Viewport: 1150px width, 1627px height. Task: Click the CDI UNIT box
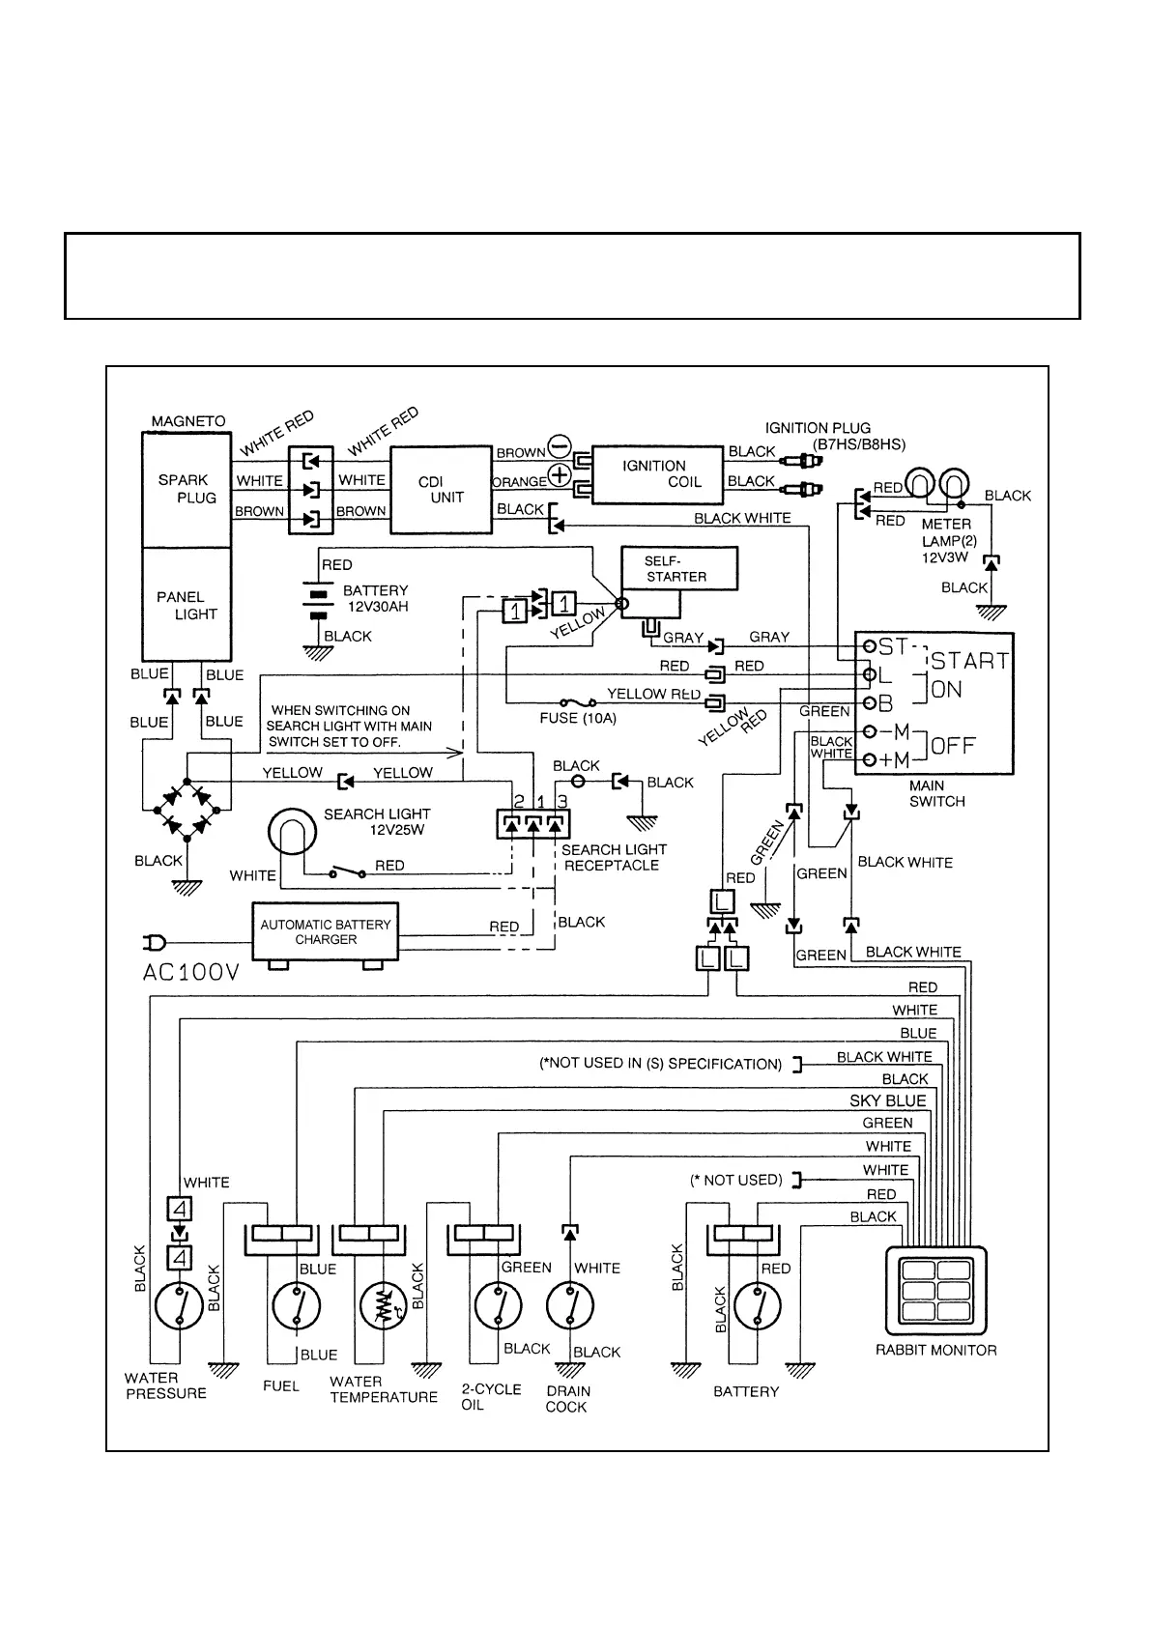441,489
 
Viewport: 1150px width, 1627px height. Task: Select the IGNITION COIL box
657,474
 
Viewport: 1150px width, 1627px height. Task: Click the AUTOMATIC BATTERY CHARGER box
326,932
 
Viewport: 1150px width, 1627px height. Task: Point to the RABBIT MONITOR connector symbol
936,1291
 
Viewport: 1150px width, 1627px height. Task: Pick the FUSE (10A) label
578,719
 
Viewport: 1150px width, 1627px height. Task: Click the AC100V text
190,973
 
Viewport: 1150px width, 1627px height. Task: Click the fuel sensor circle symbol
297,1307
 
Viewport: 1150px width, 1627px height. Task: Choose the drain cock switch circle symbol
570,1307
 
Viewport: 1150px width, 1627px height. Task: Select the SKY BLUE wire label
887,1100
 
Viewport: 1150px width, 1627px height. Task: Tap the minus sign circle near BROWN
560,446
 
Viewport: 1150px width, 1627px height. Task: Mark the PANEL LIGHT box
187,605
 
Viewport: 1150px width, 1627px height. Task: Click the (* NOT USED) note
735,1180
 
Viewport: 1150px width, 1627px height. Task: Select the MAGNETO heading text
188,421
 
